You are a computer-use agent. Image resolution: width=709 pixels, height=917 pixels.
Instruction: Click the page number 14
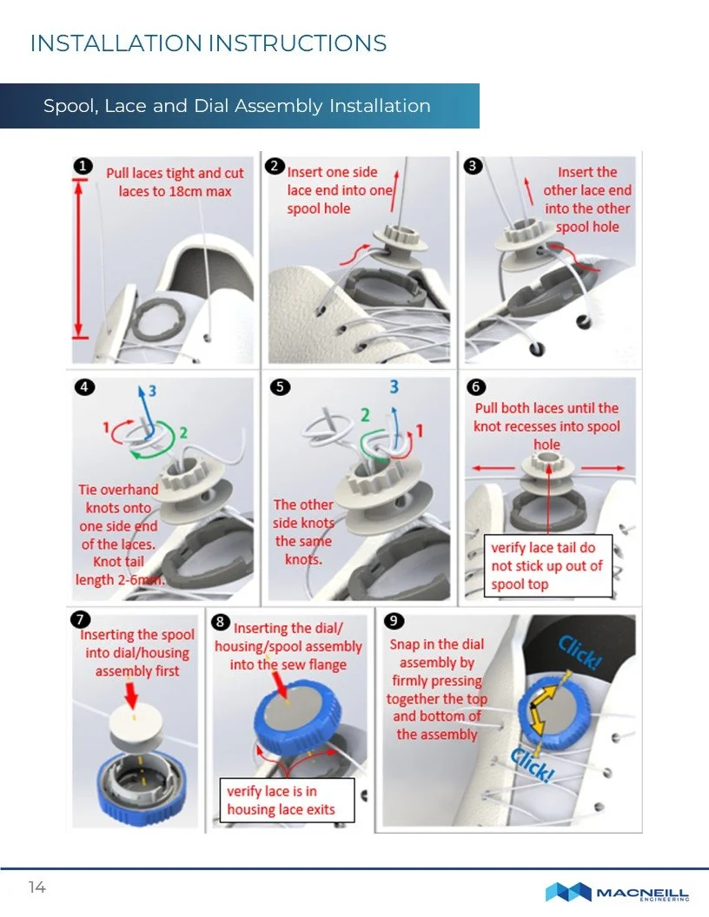(x=36, y=887)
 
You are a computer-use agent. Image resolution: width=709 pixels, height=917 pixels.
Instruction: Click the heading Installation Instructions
(x=208, y=43)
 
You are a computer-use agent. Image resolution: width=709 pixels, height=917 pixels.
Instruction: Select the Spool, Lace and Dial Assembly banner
(x=238, y=106)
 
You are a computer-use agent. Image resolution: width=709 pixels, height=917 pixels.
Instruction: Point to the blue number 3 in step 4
(x=153, y=392)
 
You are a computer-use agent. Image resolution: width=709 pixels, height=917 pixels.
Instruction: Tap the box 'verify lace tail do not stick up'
(x=547, y=566)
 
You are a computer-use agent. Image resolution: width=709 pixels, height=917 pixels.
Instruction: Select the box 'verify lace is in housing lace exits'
(x=288, y=801)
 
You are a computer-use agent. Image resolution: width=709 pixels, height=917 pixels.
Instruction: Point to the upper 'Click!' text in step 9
(x=579, y=652)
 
